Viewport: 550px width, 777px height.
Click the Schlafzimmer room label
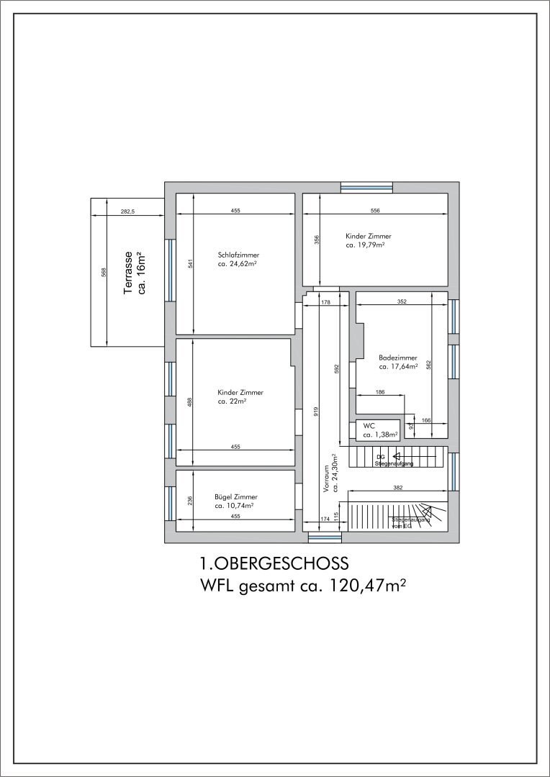(x=238, y=255)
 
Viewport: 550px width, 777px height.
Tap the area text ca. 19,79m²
(x=364, y=245)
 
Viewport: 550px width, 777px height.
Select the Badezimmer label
(x=397, y=357)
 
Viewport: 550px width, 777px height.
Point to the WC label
(x=369, y=425)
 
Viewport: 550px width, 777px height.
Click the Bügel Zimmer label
(x=235, y=496)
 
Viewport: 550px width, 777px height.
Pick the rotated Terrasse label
(x=128, y=273)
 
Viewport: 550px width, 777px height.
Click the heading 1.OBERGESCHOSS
(x=274, y=562)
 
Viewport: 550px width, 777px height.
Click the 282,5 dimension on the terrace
(x=128, y=211)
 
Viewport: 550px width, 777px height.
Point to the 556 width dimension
(x=374, y=211)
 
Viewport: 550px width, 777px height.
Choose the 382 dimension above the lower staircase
(x=397, y=488)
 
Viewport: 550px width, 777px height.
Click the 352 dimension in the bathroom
(x=402, y=301)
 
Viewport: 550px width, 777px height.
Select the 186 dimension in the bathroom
(x=380, y=391)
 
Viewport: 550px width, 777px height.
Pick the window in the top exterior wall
(x=366, y=187)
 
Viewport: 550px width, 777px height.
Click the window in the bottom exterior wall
(x=324, y=537)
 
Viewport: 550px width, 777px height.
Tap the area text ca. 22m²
(x=231, y=401)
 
